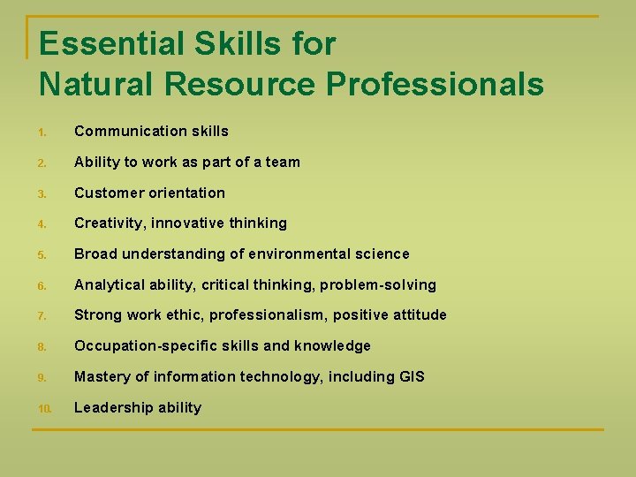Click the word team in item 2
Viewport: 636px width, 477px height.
pos(282,162)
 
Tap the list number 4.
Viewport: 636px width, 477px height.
pos(42,224)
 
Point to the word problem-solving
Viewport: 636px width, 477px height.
pos(378,284)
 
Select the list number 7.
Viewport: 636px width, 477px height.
pos(42,316)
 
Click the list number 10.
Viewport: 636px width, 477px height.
pos(44,408)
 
